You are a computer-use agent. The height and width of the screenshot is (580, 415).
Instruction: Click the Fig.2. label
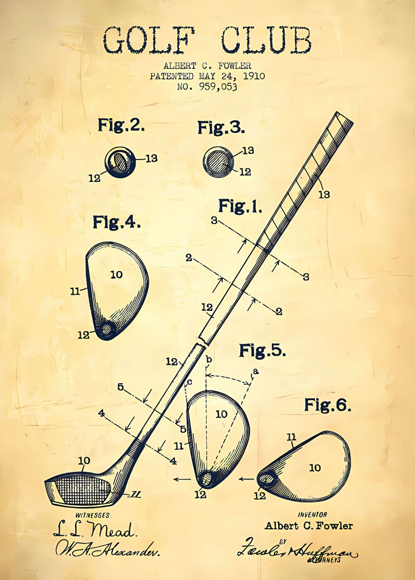(121, 125)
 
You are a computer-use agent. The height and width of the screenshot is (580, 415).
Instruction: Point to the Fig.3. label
(221, 128)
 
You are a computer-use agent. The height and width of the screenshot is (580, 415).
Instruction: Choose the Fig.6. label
(327, 405)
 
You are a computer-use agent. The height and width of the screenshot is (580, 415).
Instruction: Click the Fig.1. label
(240, 206)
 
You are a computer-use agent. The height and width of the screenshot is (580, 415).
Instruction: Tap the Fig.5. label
(262, 350)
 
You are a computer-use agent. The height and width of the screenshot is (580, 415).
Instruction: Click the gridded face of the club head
(80, 490)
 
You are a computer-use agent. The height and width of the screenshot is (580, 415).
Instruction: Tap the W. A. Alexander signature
(108, 548)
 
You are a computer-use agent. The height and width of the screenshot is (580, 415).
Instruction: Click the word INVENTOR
(312, 515)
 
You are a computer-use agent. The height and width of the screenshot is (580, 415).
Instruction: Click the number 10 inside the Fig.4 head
(116, 275)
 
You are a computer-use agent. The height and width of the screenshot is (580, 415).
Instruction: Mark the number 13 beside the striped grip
(324, 194)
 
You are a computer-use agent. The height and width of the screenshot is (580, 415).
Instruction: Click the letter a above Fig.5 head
(256, 371)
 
